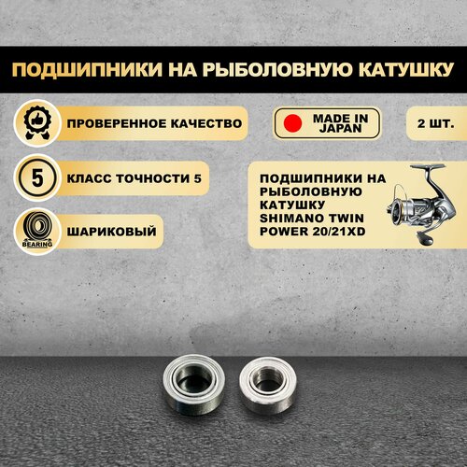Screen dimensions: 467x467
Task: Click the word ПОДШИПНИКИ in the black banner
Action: (87, 69)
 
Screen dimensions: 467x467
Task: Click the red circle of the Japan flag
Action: (292, 123)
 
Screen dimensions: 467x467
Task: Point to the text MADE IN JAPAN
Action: (340, 123)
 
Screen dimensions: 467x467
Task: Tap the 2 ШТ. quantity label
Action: (435, 123)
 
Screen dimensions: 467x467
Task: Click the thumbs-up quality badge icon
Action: (37, 123)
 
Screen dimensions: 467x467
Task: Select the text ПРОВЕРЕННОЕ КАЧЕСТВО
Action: (154, 123)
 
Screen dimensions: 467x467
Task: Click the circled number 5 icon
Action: (37, 178)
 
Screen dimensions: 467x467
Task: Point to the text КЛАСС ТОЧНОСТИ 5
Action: (134, 178)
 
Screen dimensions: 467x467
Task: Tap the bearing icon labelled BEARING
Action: (37, 232)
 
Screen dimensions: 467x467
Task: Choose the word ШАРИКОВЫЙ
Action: (111, 232)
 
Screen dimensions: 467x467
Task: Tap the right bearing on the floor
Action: (268, 385)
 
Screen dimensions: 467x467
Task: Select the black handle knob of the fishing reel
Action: (426, 239)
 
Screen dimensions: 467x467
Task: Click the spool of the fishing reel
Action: (397, 210)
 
